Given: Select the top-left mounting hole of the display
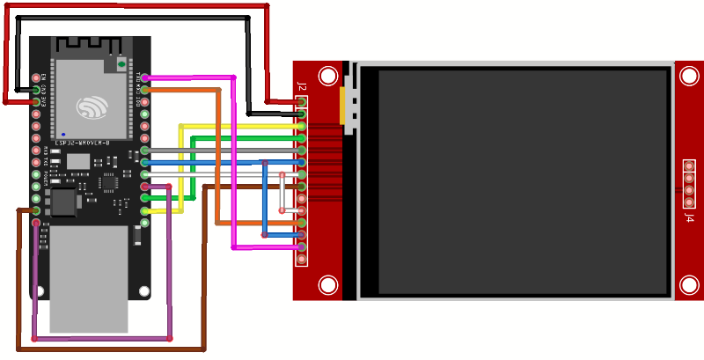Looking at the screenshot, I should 328,77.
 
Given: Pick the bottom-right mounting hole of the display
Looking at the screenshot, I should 689,285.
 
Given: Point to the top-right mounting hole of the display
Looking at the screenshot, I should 689,77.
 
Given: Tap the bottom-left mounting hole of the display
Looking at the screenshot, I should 328,285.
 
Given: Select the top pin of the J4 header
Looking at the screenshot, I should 689,166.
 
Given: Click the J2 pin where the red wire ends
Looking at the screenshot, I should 302,102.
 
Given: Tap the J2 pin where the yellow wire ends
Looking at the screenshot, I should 302,127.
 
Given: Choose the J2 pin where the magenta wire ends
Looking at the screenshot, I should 302,247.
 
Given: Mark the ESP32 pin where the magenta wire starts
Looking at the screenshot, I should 144,78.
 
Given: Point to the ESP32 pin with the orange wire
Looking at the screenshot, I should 144,90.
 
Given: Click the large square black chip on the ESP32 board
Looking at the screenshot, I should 64,202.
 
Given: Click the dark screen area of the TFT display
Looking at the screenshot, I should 523,181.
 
